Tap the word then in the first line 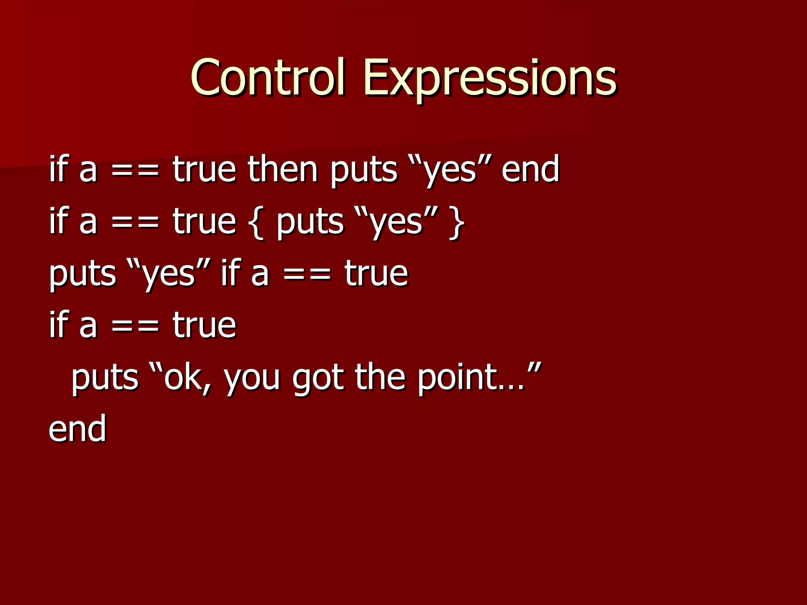pos(283,169)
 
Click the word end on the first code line pos(530,169)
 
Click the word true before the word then pos(204,169)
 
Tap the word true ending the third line pos(376,274)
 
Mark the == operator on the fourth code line pos(136,326)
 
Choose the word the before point pos(380,377)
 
